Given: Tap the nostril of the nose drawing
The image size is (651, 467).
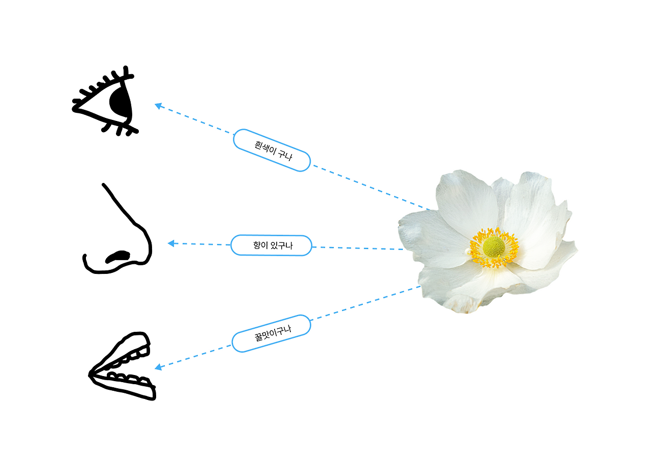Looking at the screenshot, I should [x=119, y=256].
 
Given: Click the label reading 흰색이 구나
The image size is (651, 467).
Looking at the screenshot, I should [x=272, y=150].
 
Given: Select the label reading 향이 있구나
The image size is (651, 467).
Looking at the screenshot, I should [x=271, y=245].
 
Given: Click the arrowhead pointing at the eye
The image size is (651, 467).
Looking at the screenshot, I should [x=158, y=106].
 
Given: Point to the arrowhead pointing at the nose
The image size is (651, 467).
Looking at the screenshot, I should [x=171, y=243].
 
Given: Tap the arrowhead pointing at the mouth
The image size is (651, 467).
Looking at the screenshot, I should [x=158, y=367].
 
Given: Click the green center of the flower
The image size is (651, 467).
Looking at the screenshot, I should [x=494, y=246].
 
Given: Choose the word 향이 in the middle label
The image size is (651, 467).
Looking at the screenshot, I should [x=260, y=245].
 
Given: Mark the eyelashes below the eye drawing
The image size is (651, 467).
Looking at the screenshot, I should [x=120, y=129].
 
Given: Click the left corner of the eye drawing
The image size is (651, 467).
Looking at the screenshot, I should [x=76, y=108].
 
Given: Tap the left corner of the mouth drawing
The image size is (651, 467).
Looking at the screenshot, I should [x=91, y=375].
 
